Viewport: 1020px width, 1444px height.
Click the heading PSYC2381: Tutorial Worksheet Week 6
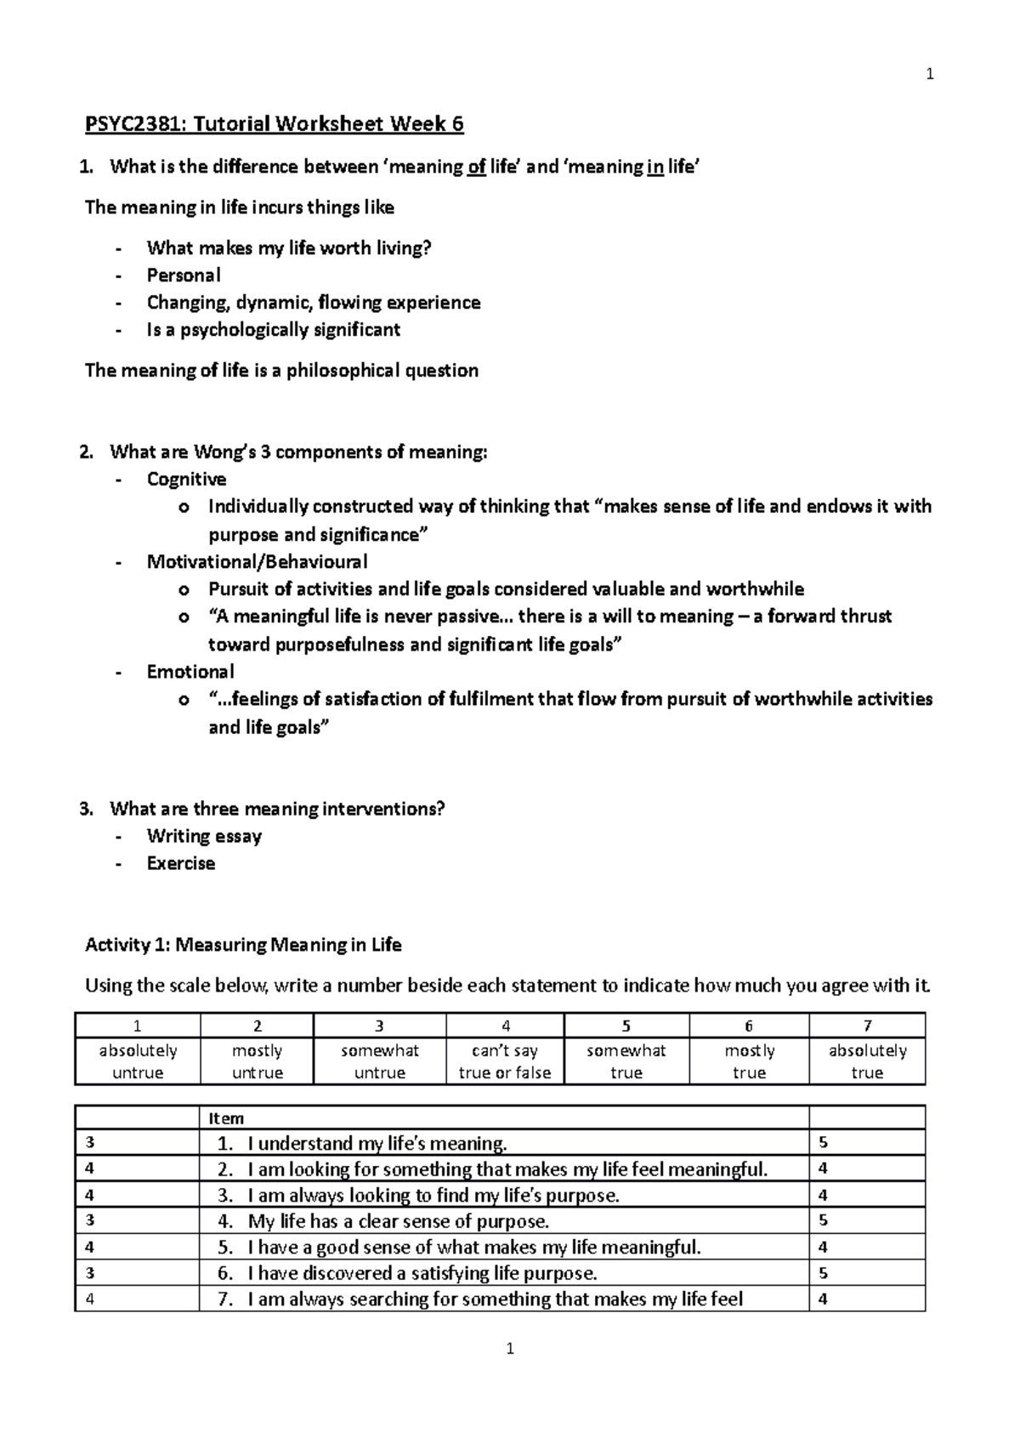coord(275,125)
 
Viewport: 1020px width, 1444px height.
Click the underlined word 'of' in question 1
coord(476,167)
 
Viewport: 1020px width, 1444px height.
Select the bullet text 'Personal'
coord(184,276)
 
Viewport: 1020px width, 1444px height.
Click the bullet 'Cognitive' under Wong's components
coord(186,480)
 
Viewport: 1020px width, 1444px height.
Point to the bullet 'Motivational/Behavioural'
coord(257,562)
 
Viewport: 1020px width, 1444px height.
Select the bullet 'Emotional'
coord(190,672)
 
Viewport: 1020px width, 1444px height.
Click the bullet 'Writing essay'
coord(204,837)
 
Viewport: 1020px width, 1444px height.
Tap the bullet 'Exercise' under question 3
coord(181,864)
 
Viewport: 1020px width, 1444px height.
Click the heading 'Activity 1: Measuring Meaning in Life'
coord(243,945)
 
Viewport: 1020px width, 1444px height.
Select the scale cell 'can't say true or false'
coord(505,1062)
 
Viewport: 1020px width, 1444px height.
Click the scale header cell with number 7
coord(867,1026)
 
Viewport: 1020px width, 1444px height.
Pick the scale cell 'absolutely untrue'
coord(138,1062)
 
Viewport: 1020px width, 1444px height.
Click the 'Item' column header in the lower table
coord(226,1118)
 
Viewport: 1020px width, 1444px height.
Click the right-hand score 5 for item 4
coord(823,1221)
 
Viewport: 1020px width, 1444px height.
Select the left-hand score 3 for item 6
coord(90,1274)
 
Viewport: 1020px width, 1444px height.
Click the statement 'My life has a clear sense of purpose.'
coord(398,1222)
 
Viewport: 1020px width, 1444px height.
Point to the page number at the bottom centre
coord(510,1349)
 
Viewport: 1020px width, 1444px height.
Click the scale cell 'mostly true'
coord(749,1062)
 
